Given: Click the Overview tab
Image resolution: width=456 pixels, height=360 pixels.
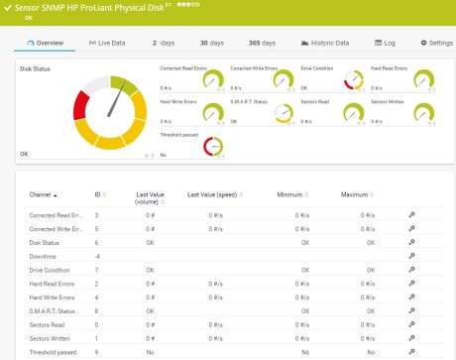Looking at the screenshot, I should (x=46, y=43).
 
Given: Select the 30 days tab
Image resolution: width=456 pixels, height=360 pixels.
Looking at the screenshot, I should (x=210, y=43).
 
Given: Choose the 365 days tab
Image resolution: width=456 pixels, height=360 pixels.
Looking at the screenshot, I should (x=262, y=43).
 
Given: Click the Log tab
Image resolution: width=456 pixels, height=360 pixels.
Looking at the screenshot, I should (x=386, y=43).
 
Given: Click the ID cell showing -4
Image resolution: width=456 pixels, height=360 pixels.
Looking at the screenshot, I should (x=97, y=256).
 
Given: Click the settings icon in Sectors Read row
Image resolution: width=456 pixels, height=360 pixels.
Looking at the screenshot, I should (x=411, y=324).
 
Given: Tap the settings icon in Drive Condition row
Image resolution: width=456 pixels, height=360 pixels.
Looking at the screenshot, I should (x=411, y=270).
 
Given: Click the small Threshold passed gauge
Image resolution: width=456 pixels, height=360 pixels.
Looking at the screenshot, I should (x=211, y=147).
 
